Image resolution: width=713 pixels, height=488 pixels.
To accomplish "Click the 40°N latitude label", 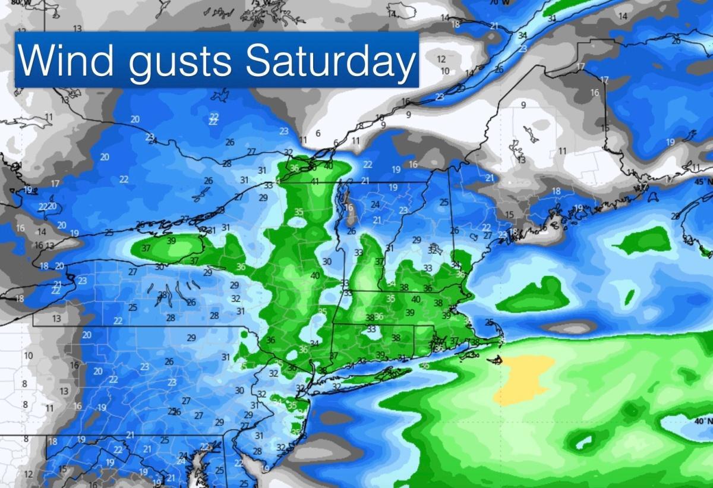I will [701, 421].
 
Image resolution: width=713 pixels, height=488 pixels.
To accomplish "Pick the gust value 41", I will [315, 181].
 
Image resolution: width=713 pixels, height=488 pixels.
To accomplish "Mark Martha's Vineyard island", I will [471, 355].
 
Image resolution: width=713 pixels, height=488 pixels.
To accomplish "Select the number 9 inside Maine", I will [523, 106].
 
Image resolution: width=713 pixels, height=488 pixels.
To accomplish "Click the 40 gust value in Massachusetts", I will [416, 299].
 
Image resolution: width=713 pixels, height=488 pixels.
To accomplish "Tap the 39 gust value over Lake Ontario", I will [171, 241].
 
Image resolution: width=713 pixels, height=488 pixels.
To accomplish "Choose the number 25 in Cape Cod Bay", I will [488, 322].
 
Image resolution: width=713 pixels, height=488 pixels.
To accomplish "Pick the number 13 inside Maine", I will [521, 160].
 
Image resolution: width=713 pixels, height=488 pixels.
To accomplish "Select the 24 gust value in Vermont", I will [375, 204].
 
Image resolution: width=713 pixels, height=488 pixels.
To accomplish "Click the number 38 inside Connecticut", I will [396, 338].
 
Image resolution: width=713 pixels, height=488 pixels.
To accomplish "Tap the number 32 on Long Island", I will [336, 386].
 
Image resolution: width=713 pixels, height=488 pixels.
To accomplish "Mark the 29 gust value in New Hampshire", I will [417, 240].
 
